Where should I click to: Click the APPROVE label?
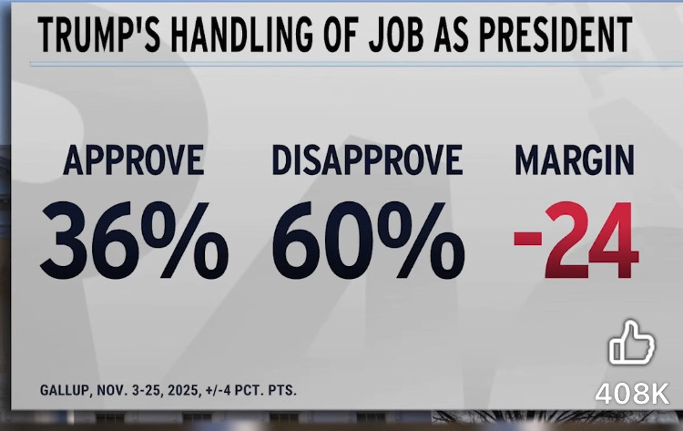[133, 162]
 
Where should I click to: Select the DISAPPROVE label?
[367, 162]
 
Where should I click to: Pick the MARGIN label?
[575, 162]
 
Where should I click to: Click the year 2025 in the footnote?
[182, 390]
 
